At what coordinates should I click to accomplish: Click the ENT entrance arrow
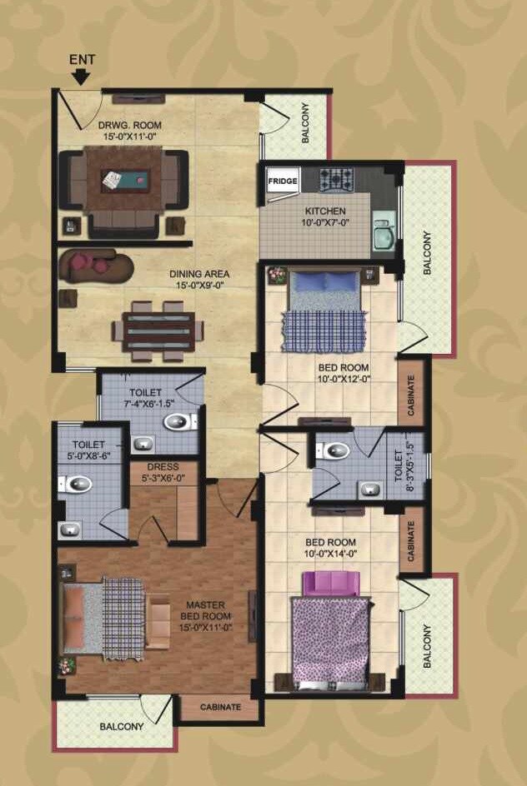coord(81,75)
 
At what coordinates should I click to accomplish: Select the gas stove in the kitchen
coord(336,177)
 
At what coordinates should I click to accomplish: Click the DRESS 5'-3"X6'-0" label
coord(162,472)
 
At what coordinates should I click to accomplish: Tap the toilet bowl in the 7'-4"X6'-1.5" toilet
coord(178,421)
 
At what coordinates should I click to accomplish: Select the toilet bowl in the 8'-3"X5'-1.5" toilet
coord(336,451)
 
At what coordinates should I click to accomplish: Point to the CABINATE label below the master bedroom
coord(221,707)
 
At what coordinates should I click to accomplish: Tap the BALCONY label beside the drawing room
coord(305,122)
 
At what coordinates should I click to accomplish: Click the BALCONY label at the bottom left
coord(122,726)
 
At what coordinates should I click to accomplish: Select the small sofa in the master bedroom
coord(158,620)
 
